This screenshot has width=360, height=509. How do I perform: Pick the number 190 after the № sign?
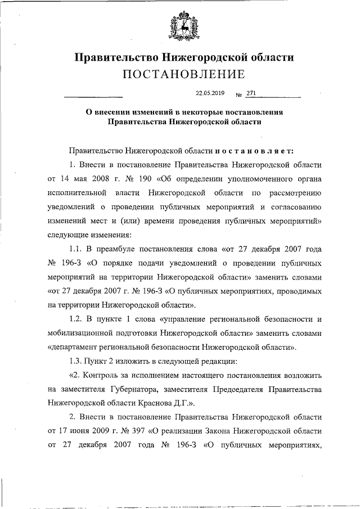tap(133, 179)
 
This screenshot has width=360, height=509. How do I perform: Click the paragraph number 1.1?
tap(75, 248)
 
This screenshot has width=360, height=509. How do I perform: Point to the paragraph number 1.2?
tap(75, 319)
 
